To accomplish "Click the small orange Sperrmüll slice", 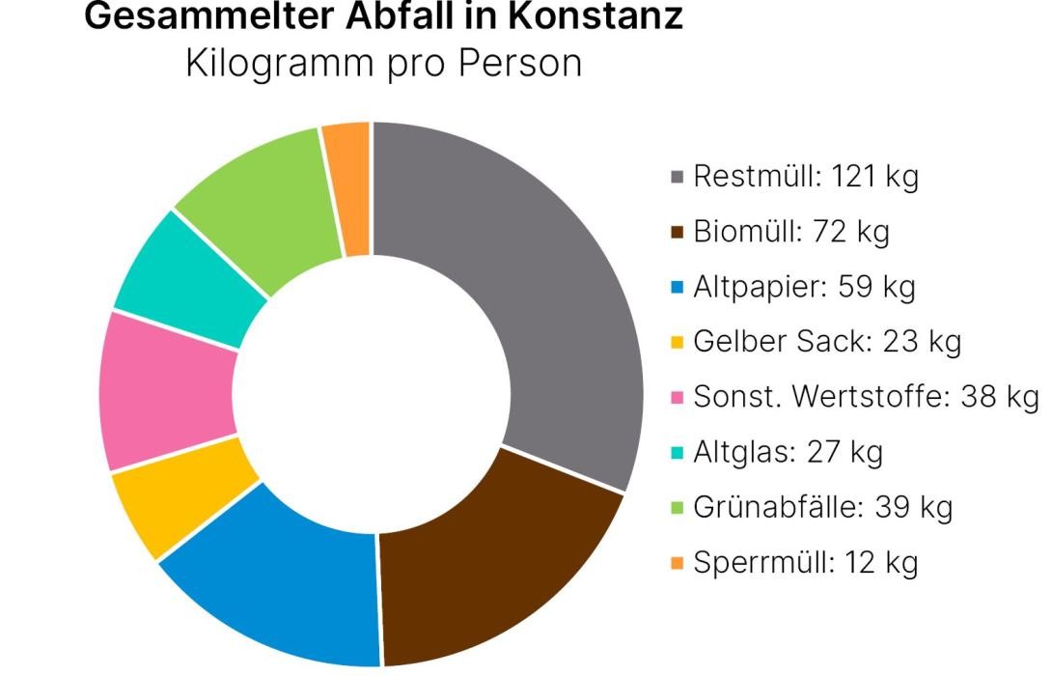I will pos(348,188).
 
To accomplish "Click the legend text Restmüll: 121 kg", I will pos(806,178).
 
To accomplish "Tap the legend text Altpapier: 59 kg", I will pos(804,288).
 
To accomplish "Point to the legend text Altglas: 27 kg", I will pos(788,452).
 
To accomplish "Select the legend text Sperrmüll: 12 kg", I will pos(806,562).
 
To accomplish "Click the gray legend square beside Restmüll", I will pos(678,178).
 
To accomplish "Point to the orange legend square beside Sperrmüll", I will pos(678,562).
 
